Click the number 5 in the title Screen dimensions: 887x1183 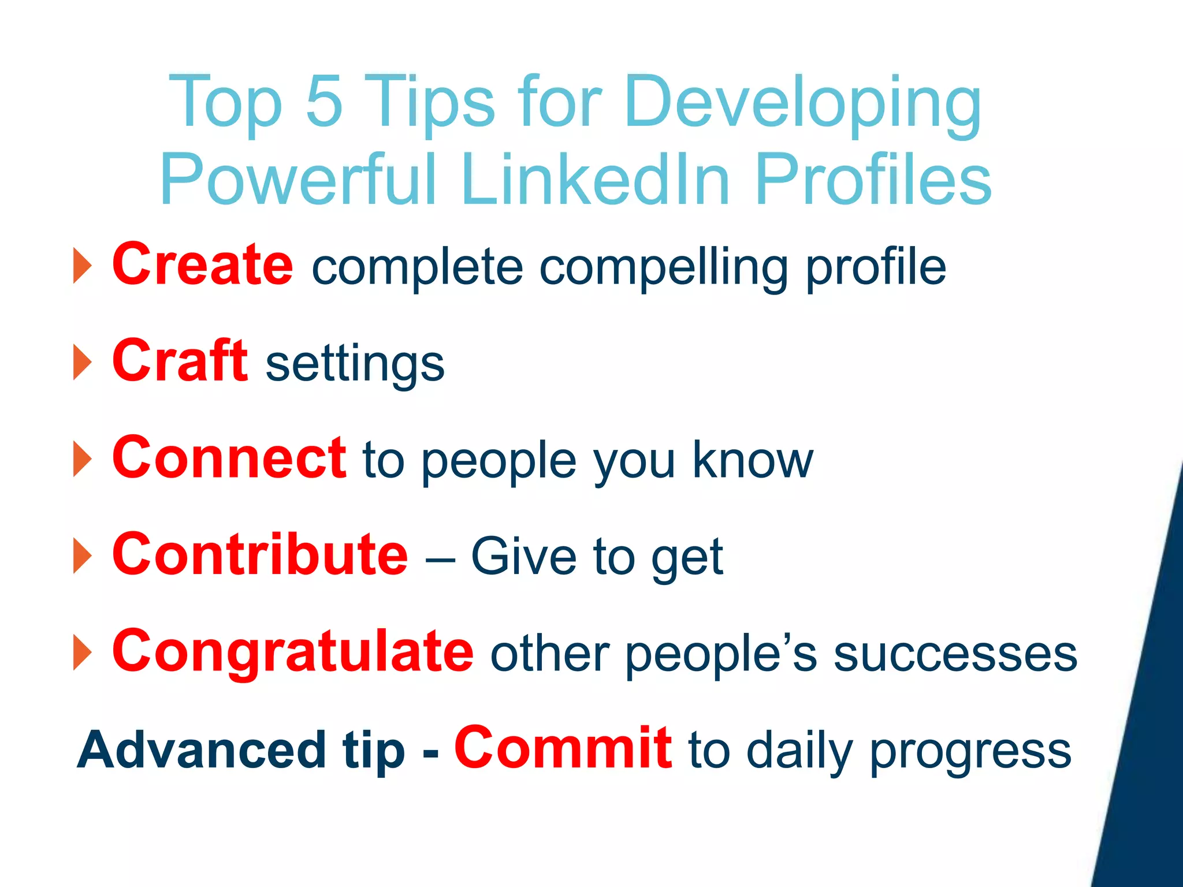coord(324,102)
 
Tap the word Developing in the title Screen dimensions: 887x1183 coord(803,104)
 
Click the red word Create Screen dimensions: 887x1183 coord(203,264)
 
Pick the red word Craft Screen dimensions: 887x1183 coord(180,361)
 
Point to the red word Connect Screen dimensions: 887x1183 coord(229,458)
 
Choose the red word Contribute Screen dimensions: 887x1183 coord(261,555)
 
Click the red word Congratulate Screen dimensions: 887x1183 coord(293,652)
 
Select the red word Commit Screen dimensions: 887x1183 coord(563,748)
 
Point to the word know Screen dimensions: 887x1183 coord(752,460)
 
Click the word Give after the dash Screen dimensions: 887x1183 coord(524,557)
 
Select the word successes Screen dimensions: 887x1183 coord(955,655)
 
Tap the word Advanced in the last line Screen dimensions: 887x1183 coord(202,750)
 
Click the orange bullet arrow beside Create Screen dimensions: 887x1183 coord(83,266)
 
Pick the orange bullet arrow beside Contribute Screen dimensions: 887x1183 coord(83,556)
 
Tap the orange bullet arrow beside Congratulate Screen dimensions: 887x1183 coord(83,653)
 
